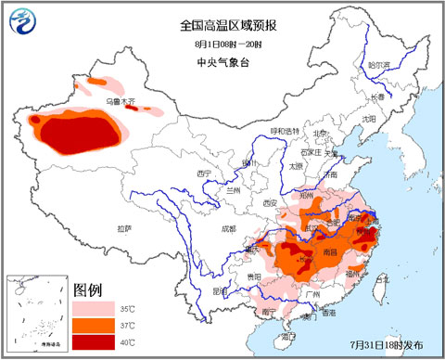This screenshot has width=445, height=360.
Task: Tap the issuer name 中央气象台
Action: [x=222, y=61]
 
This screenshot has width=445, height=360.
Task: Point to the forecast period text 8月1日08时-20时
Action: [x=222, y=44]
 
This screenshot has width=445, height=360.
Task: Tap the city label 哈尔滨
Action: [x=379, y=66]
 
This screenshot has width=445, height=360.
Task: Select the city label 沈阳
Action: [x=368, y=119]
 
